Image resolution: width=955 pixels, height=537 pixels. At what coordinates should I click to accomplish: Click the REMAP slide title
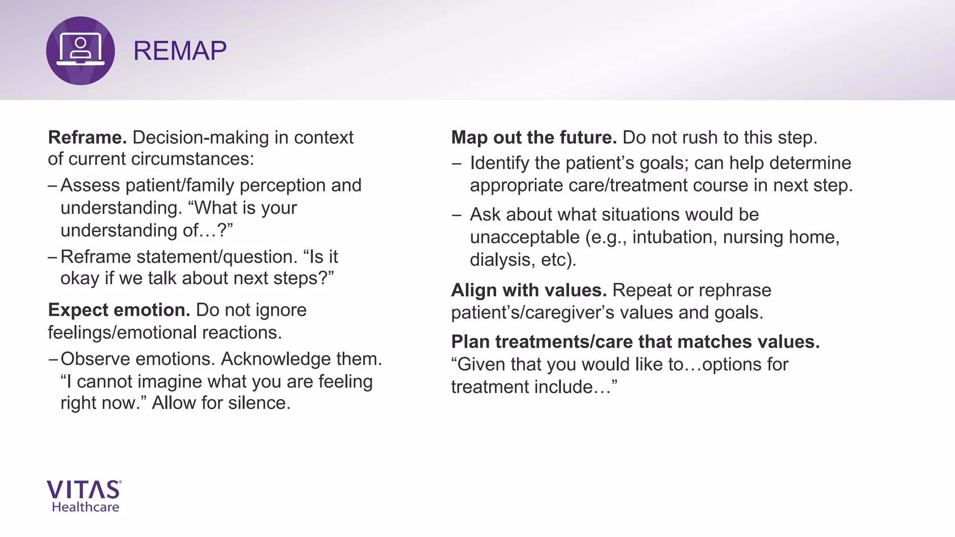[x=180, y=51]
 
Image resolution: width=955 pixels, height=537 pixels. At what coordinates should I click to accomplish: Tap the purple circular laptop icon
[x=80, y=51]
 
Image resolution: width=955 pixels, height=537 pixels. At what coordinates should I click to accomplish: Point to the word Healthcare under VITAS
[x=85, y=507]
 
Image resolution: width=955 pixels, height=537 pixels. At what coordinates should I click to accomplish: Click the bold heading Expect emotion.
[x=119, y=310]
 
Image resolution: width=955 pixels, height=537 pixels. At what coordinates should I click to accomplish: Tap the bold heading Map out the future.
[x=533, y=138]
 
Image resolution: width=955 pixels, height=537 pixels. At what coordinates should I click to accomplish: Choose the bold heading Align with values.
[x=528, y=290]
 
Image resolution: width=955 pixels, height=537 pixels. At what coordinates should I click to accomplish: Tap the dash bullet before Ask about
[x=457, y=215]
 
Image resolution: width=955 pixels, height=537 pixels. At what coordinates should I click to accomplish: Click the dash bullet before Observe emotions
[x=53, y=359]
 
